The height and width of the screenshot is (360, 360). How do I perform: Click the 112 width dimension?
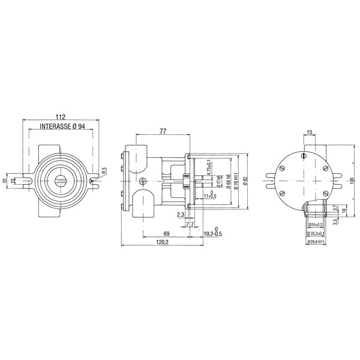pyautogui.click(x=60, y=117)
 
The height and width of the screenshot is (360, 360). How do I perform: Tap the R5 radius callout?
pyautogui.click(x=103, y=172)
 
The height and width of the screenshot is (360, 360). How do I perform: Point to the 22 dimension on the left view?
pyautogui.click(x=5, y=180)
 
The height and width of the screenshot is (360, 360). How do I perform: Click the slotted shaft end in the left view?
pyautogui.click(x=61, y=179)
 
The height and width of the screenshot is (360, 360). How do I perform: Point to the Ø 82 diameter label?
pyautogui.click(x=245, y=180)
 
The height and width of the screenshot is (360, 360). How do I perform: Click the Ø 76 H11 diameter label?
pyautogui.click(x=236, y=180)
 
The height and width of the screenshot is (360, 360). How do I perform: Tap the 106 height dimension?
pyautogui.click(x=352, y=180)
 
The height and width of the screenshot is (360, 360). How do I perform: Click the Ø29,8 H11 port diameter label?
pyautogui.click(x=317, y=242)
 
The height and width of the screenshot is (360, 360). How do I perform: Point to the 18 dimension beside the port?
pyautogui.click(x=343, y=211)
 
